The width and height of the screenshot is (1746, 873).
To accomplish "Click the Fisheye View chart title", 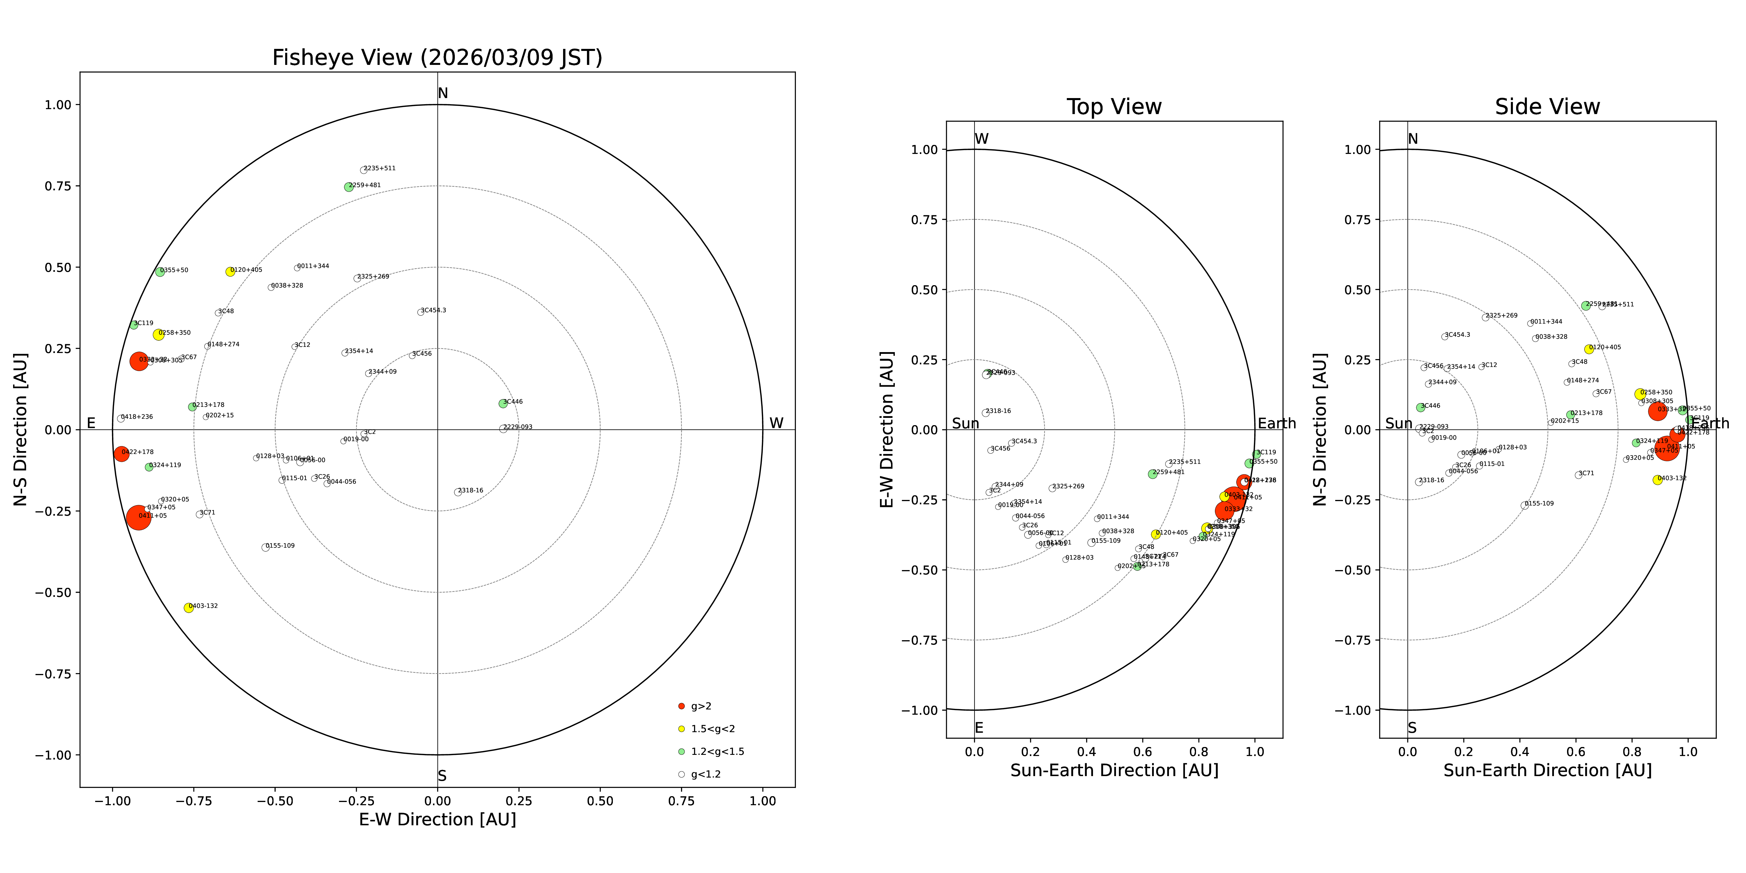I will click(x=437, y=58).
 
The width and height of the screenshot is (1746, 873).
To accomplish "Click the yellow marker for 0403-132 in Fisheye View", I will click(x=189, y=608).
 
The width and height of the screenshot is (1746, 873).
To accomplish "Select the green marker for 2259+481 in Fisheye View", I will click(x=348, y=187).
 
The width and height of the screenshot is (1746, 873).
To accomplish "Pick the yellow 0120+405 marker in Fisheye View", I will click(x=230, y=272).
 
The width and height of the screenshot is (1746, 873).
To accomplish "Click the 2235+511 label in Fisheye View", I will click(x=379, y=168).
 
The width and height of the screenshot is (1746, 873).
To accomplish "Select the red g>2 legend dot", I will click(x=681, y=706).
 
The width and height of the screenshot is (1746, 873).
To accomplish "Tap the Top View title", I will click(x=1114, y=107).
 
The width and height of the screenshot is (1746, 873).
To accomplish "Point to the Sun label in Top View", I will click(x=965, y=424).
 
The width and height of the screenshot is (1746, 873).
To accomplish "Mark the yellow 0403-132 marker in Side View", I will click(x=1657, y=480).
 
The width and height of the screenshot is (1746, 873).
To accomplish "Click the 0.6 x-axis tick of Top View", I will click(x=1143, y=752).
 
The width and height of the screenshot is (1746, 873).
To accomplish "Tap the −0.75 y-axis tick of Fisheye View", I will click(x=53, y=674).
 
